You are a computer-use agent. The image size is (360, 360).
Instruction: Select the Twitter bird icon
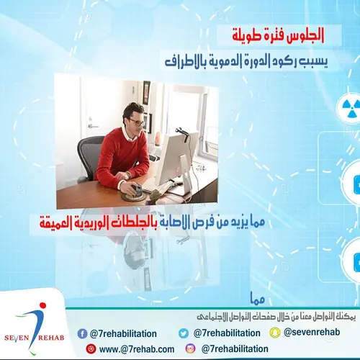184,333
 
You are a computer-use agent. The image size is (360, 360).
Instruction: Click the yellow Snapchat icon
275,333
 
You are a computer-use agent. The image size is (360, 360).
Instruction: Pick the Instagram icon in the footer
190,348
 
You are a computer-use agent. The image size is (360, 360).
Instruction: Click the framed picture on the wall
145,91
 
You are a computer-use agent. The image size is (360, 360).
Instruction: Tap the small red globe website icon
91,349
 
